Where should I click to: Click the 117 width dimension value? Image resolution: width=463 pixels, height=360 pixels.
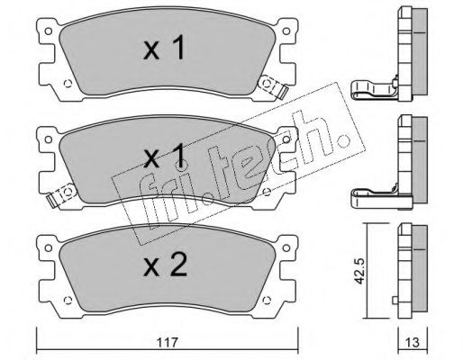[x=167, y=342]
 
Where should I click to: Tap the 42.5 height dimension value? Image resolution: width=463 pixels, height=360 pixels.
[x=359, y=270]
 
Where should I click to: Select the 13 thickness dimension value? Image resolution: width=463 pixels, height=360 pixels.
[x=413, y=342]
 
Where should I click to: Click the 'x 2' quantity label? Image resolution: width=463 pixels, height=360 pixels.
[x=165, y=265]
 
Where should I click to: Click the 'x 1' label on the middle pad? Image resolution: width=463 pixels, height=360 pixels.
[x=164, y=156]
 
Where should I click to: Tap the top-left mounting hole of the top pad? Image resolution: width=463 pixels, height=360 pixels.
[x=48, y=31]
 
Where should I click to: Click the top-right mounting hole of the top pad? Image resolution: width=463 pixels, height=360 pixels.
[x=286, y=31]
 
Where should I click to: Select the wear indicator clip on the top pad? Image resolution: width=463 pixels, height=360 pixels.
[x=273, y=86]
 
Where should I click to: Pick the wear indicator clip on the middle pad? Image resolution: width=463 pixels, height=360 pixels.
[x=61, y=194]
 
